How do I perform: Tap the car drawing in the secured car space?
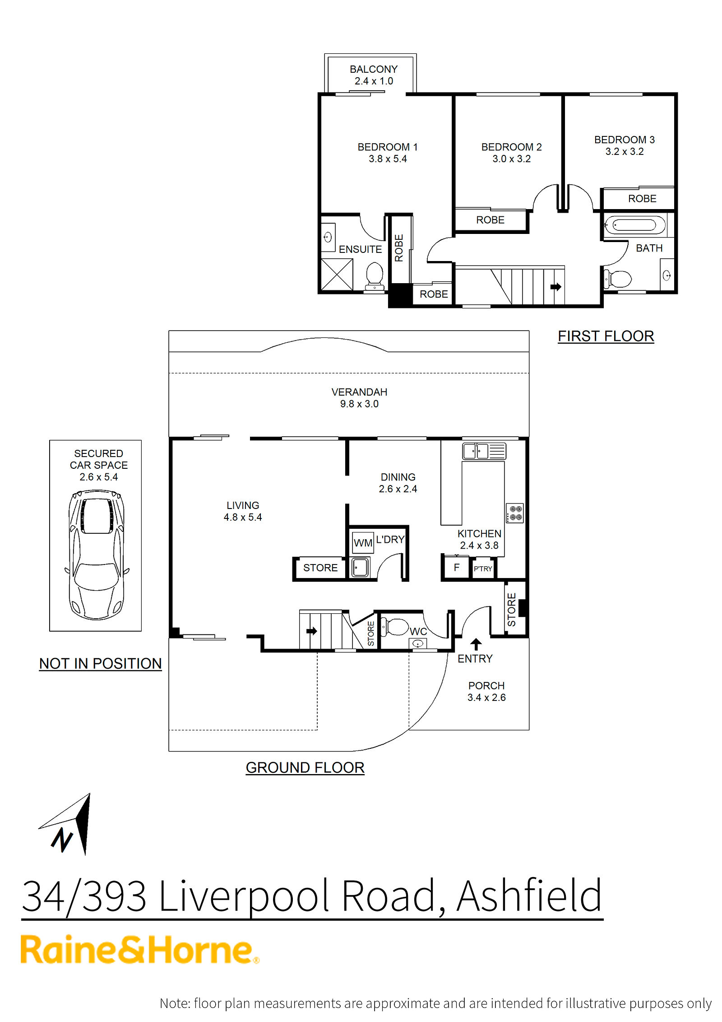[96, 555]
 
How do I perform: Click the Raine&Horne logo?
[140, 950]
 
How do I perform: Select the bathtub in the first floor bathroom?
[635, 225]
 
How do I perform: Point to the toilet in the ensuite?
[375, 276]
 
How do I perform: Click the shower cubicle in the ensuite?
[337, 274]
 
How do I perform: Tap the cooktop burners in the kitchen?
[515, 513]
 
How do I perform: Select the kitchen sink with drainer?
[484, 451]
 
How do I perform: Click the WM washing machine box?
[363, 542]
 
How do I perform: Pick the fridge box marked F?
[456, 568]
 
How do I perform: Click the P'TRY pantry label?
[483, 569]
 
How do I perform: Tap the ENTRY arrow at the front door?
[476, 644]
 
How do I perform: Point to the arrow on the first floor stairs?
[556, 286]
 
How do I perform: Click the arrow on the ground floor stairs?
[312, 631]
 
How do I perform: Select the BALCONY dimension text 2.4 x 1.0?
[374, 81]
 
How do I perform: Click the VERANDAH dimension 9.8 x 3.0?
[359, 404]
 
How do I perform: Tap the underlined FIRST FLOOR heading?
[606, 336]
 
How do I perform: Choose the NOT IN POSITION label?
[100, 663]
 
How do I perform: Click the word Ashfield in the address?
[529, 896]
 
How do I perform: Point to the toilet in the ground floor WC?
[396, 626]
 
